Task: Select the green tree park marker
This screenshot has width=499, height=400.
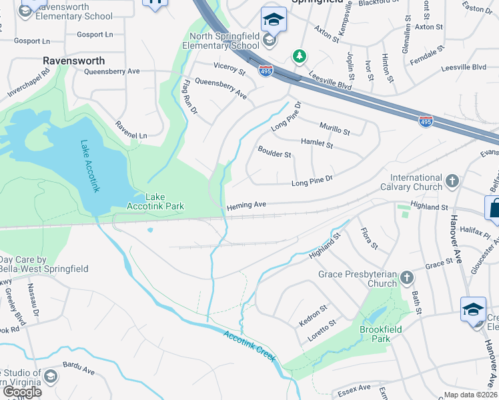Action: pos(300,55)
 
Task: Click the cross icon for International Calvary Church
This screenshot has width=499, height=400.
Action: pos(452,181)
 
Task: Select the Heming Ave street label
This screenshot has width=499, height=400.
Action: pos(246,205)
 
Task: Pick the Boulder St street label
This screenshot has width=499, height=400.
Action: pos(275,155)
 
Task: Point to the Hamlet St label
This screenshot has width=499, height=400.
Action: pos(316,143)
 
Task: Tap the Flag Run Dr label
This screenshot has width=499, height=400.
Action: pos(189,96)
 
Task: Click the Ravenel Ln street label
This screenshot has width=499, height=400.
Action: pos(130,130)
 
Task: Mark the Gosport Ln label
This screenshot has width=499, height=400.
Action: pos(95,34)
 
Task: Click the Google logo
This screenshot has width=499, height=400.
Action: pos(22,392)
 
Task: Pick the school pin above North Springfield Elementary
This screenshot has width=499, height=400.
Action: pos(274,19)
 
